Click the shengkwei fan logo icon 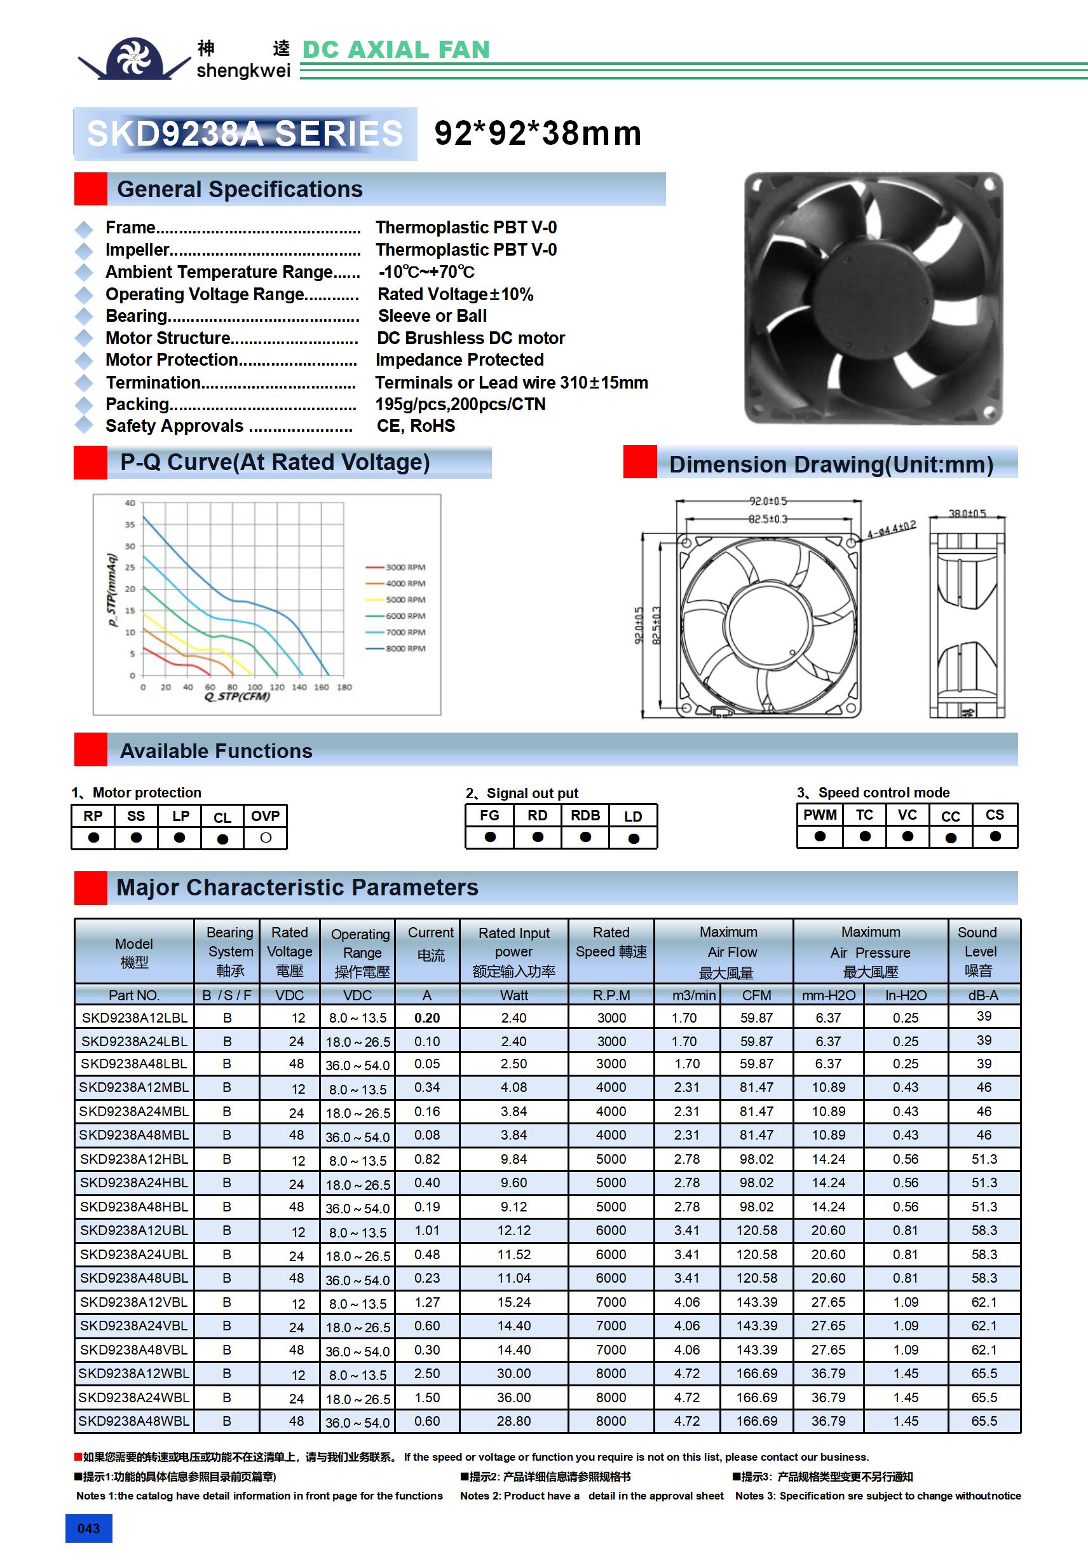tap(134, 59)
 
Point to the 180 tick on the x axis tap(344, 687)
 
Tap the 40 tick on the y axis tap(130, 503)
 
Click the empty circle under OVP tap(266, 838)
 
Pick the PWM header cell tap(820, 815)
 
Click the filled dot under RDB tap(585, 837)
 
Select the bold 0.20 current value tap(427, 1017)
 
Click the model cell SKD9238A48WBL tap(134, 1421)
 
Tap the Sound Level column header tap(977, 951)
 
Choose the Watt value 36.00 tap(513, 1397)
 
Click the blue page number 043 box tap(88, 1528)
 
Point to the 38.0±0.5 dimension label tap(967, 513)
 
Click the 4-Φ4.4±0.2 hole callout tap(891, 530)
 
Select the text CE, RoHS tap(416, 426)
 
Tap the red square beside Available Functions tap(91, 750)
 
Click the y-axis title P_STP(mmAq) tap(112, 590)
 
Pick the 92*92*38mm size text tap(538, 134)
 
